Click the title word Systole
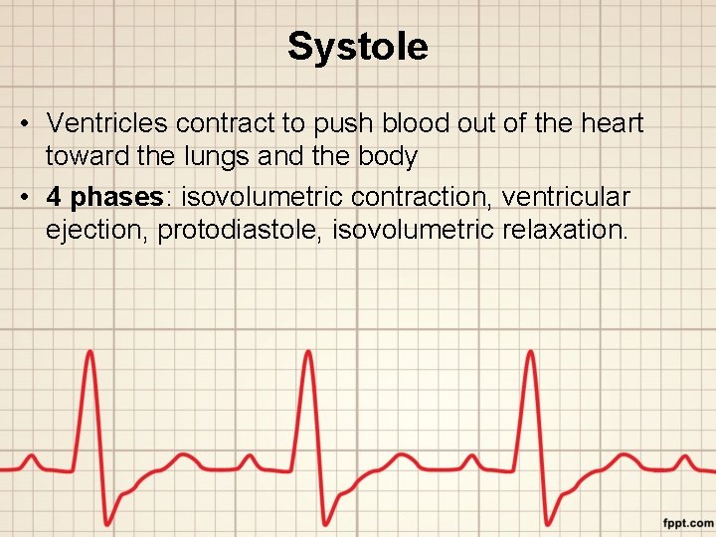358,47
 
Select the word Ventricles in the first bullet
106,123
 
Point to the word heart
609,123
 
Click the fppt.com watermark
688,522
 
